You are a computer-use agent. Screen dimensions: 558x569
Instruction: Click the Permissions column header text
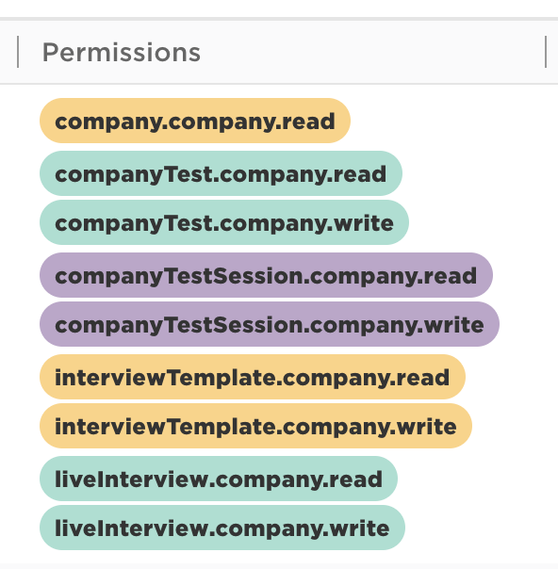coord(122,53)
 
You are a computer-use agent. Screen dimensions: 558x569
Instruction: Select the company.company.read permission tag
coord(195,121)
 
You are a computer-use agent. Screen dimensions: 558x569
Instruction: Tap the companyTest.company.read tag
coord(221,173)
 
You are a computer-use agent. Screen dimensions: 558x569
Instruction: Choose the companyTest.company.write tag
coord(224,222)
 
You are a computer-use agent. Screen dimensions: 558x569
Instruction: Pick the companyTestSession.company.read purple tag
coord(266,275)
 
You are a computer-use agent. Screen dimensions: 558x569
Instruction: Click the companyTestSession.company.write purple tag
coord(270,324)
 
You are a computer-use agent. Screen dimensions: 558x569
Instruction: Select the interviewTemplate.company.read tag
coord(253,377)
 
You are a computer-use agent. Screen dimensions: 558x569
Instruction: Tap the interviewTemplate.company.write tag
coord(255,426)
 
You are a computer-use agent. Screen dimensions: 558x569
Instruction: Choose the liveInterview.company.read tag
coord(219,479)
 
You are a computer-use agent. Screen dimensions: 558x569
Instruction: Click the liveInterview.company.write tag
coord(222,528)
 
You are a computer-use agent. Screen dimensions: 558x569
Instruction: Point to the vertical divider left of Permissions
coord(18,52)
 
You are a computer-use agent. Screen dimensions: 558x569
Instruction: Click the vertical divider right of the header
coord(546,52)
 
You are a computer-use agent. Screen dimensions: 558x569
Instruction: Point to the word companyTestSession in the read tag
coord(178,276)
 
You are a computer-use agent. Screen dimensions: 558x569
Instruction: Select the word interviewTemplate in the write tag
coord(165,428)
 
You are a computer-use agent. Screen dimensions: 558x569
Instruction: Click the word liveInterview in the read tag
coord(133,479)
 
